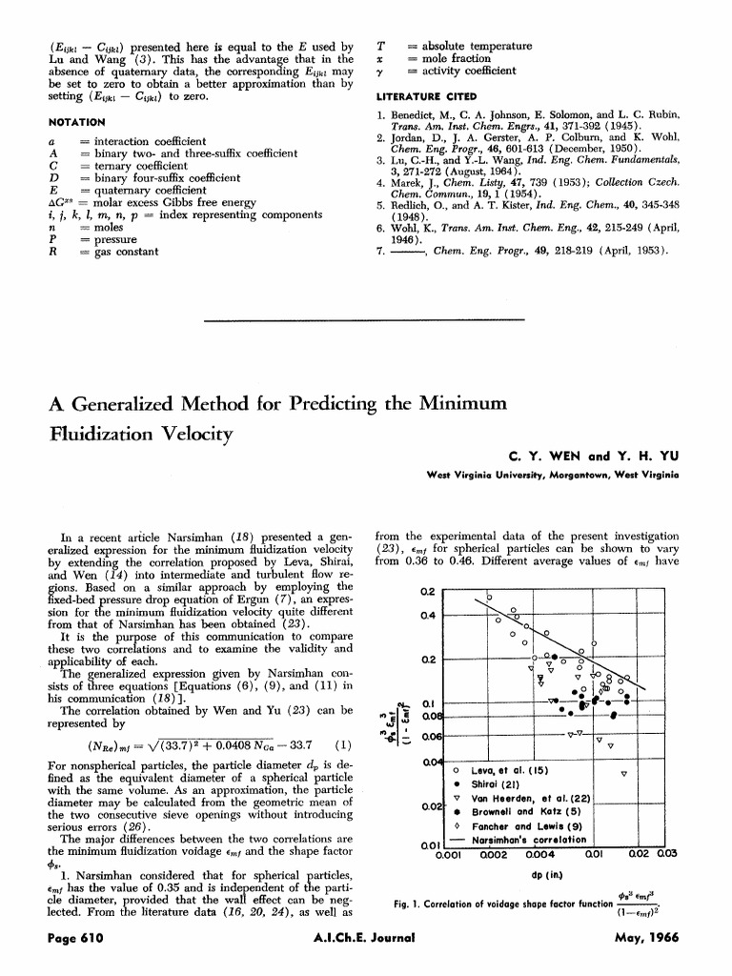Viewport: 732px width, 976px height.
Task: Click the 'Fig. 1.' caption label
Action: [x=410, y=903]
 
